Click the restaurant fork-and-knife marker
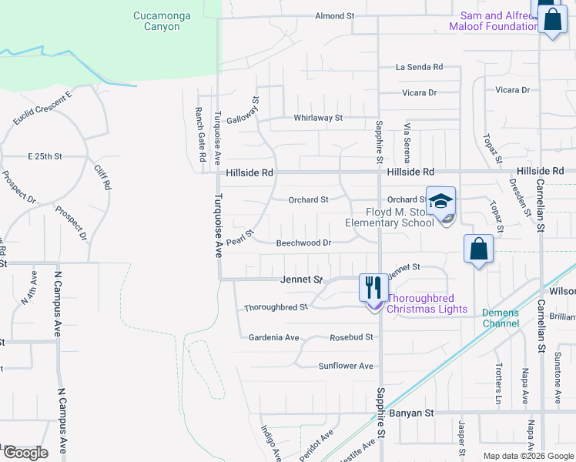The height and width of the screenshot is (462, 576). [x=373, y=288]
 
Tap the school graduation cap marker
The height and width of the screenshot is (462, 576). [x=441, y=202]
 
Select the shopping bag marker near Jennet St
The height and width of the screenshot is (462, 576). [x=478, y=249]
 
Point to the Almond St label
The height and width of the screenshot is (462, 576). [x=334, y=15]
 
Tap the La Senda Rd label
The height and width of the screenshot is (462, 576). [x=419, y=67]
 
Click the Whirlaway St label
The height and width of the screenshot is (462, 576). [x=317, y=118]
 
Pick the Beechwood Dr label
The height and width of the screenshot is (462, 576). [x=303, y=243]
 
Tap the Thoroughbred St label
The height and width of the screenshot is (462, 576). [x=276, y=306]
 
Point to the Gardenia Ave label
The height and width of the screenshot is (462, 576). [x=273, y=337]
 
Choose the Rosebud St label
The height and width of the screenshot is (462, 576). [x=351, y=337]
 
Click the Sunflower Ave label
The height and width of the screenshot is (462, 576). [x=346, y=366]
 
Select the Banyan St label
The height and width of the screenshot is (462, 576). [x=413, y=413]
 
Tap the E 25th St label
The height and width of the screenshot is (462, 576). [x=44, y=156]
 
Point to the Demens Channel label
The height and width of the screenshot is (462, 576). [x=501, y=318]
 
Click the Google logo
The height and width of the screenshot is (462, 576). [x=25, y=453]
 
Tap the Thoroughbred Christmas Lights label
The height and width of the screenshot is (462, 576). [x=427, y=303]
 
